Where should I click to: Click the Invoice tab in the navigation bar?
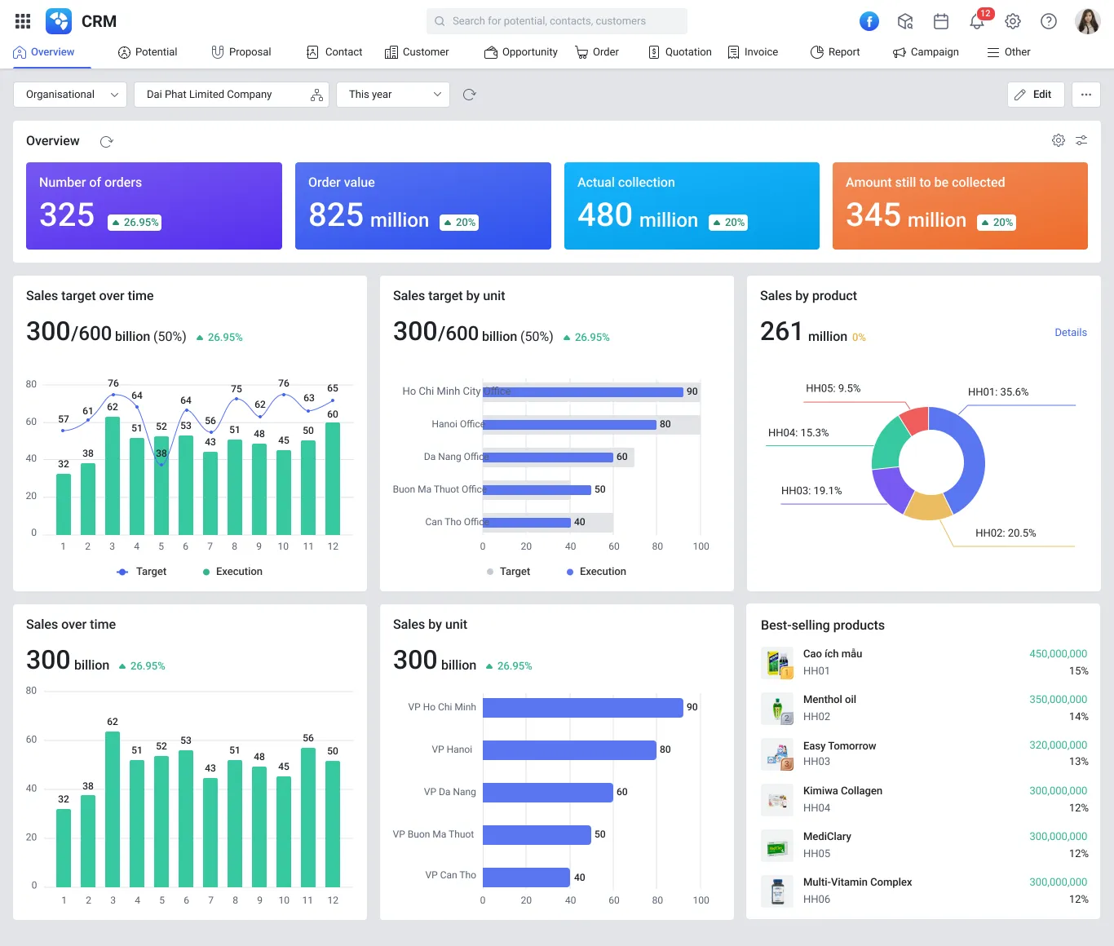[x=753, y=52]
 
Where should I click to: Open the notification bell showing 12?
[x=977, y=21]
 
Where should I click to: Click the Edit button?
[x=1034, y=95]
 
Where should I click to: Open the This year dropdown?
[x=393, y=95]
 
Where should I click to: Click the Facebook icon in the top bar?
[x=869, y=21]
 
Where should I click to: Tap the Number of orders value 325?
[x=67, y=215]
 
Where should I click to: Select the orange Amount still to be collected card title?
[x=925, y=183]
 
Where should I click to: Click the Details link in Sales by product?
[x=1070, y=333]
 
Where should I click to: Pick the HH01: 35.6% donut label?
[x=997, y=392]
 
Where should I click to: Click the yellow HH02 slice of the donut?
[x=928, y=507]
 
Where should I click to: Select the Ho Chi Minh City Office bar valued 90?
[x=582, y=392]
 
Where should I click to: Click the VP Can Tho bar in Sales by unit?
[x=526, y=877]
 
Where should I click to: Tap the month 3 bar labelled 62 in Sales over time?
[x=113, y=807]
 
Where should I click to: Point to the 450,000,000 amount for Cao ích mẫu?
[x=1058, y=654]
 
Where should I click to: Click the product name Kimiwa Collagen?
[x=842, y=791]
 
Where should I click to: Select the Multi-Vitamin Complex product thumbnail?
[x=777, y=891]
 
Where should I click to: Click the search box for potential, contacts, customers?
[x=556, y=21]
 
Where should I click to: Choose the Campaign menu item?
[x=926, y=52]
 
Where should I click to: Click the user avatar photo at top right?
[x=1087, y=21]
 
